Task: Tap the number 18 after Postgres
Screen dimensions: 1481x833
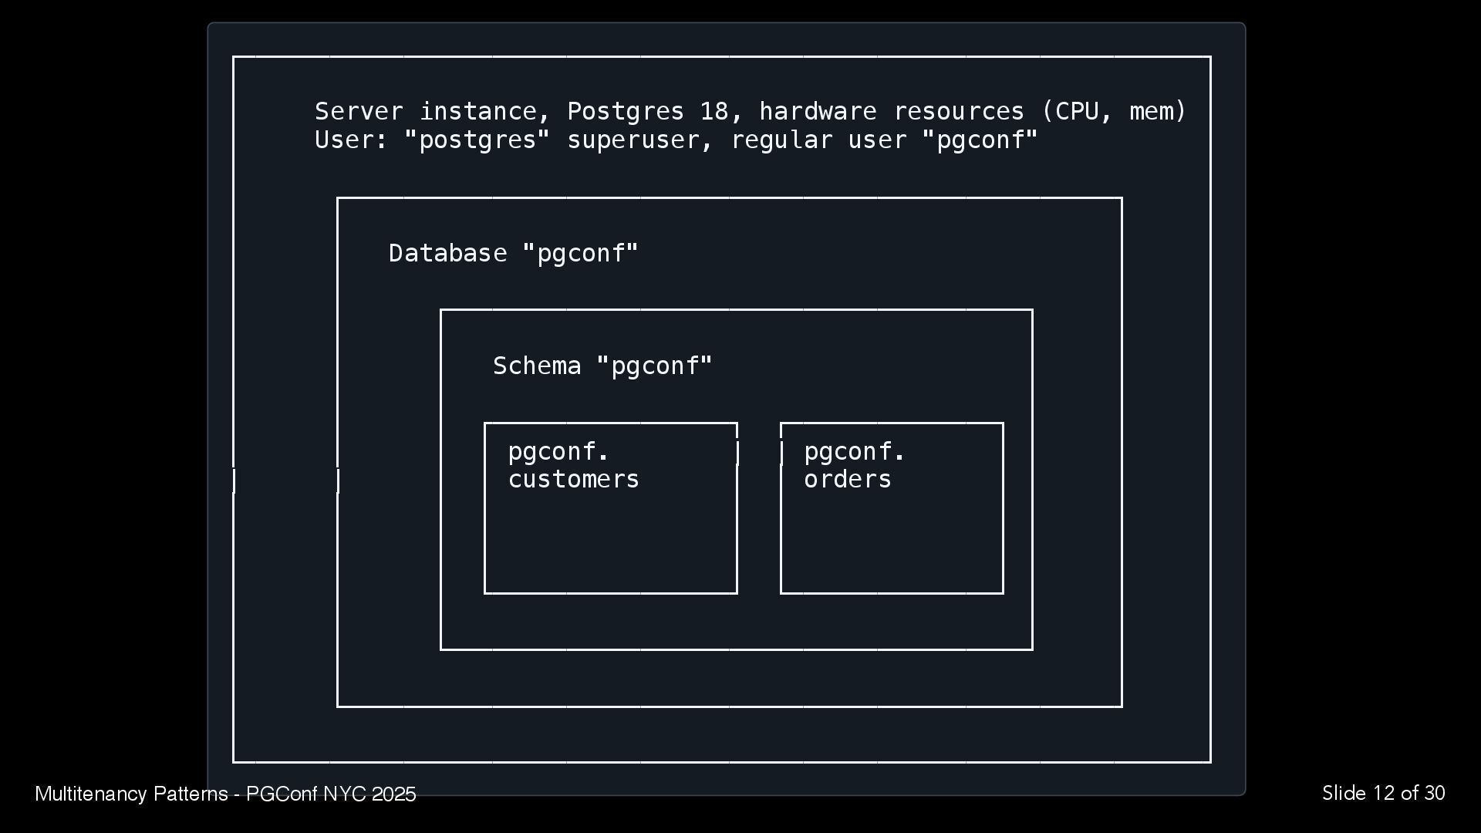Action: (x=714, y=112)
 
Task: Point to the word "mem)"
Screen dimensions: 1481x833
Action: (x=1158, y=112)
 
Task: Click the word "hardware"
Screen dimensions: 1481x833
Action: (x=818, y=112)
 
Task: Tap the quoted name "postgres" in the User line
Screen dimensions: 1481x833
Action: (x=477, y=140)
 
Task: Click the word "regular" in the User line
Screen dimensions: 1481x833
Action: (x=781, y=140)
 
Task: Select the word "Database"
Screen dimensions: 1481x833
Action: (x=447, y=254)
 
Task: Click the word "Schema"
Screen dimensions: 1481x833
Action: (x=537, y=366)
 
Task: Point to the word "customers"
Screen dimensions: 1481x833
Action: (x=573, y=480)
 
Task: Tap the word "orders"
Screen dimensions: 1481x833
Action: (x=847, y=480)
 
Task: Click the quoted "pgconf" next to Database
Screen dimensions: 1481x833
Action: (x=581, y=254)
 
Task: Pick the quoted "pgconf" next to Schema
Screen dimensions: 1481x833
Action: (x=655, y=366)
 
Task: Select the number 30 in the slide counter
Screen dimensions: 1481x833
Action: (x=1435, y=794)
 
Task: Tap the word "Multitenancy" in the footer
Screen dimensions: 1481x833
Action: (x=91, y=794)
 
